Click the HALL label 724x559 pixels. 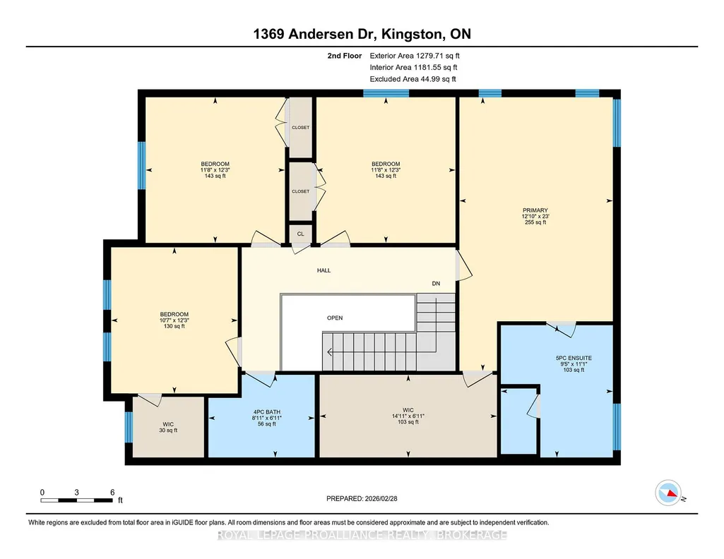[324, 270]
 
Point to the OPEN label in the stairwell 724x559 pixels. [335, 318]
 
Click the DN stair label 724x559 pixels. [436, 284]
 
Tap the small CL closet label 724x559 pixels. [301, 234]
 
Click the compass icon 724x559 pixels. [669, 493]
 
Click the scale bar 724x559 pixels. [77, 500]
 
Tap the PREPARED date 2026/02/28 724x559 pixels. [362, 498]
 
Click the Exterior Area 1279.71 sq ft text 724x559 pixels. [415, 56]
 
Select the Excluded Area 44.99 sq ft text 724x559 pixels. [413, 79]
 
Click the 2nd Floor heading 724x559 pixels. [345, 56]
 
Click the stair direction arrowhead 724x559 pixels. [330, 352]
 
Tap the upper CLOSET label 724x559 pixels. [301, 127]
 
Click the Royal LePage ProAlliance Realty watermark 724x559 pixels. [362, 535]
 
